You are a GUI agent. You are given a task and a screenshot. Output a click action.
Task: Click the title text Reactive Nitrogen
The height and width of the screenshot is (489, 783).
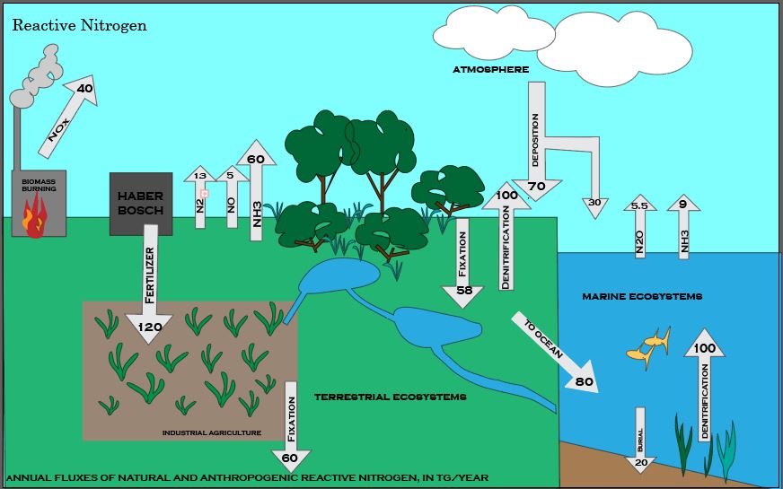click(80, 25)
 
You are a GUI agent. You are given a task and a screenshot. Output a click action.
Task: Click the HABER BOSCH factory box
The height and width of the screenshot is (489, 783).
click(141, 204)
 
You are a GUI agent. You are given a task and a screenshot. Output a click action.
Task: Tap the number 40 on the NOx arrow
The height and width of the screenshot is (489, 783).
click(85, 88)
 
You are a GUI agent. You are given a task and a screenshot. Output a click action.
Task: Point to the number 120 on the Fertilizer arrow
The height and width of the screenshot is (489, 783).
click(149, 327)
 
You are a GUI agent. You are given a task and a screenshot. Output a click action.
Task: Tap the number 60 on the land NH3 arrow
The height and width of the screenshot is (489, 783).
click(256, 159)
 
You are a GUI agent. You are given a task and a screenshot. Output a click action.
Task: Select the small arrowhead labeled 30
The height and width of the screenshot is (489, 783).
click(594, 203)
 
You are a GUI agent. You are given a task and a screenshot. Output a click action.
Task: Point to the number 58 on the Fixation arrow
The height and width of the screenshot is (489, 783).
click(464, 290)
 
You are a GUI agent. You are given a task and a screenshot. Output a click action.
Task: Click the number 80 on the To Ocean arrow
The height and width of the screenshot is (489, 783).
click(585, 380)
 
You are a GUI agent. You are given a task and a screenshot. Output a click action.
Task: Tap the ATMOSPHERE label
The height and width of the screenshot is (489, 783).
click(490, 69)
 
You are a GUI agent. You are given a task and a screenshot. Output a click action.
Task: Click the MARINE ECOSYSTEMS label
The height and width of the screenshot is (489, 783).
click(642, 296)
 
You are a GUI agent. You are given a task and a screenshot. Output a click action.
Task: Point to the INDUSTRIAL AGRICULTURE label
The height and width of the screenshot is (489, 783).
click(212, 432)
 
